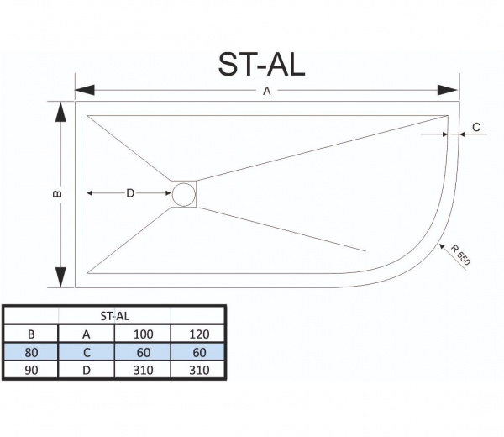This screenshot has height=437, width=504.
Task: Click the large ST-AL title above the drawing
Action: [261, 65]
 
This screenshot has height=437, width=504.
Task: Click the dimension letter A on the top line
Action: [267, 92]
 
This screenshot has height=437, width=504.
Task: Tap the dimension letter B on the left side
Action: [57, 193]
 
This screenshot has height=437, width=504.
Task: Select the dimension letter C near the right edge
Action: [476, 128]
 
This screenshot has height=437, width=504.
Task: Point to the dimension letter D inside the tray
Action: [130, 193]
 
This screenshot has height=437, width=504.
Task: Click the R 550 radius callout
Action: [460, 255]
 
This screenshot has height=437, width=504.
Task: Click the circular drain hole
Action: [183, 194]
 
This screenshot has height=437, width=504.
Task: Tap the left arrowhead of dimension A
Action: [85, 91]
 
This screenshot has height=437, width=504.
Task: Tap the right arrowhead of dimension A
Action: [448, 91]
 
